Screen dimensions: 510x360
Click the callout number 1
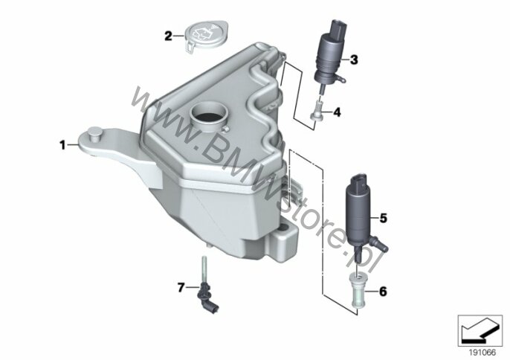tap(62, 145)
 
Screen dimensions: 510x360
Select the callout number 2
tap(168, 36)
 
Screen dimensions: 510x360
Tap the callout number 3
tap(354, 60)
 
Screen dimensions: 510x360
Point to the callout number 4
tap(338, 112)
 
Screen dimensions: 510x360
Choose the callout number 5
tap(384, 218)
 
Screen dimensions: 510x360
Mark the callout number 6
tap(383, 292)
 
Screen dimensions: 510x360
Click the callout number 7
tap(181, 287)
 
